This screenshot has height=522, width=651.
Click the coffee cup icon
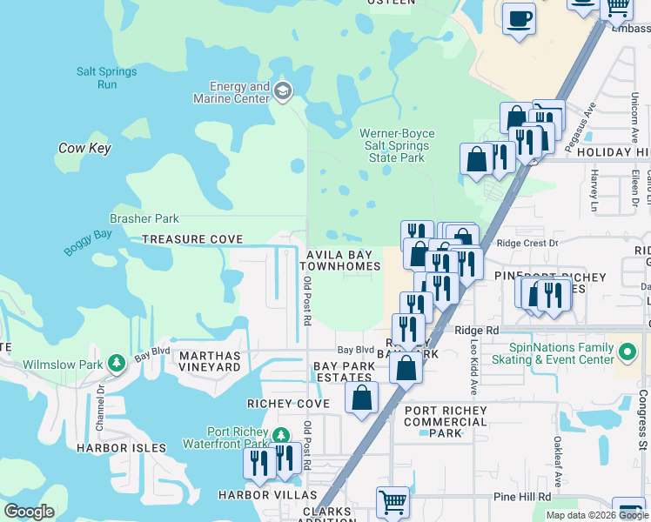[x=519, y=18]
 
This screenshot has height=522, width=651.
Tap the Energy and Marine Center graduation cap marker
[x=283, y=91]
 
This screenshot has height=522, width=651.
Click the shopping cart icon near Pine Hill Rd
[x=393, y=501]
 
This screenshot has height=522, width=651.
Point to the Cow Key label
[x=84, y=149]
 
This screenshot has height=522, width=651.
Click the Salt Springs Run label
[x=108, y=78]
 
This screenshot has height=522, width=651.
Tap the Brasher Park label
[x=144, y=219]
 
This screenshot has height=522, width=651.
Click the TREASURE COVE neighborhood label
[x=192, y=239]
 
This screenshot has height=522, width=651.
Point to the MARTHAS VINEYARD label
[x=209, y=362]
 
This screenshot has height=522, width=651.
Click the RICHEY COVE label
[x=288, y=405]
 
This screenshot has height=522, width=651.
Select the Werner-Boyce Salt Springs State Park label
[x=397, y=145]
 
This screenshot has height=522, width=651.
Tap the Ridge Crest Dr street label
[x=527, y=244]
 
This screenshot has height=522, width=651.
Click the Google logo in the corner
[x=30, y=512]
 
